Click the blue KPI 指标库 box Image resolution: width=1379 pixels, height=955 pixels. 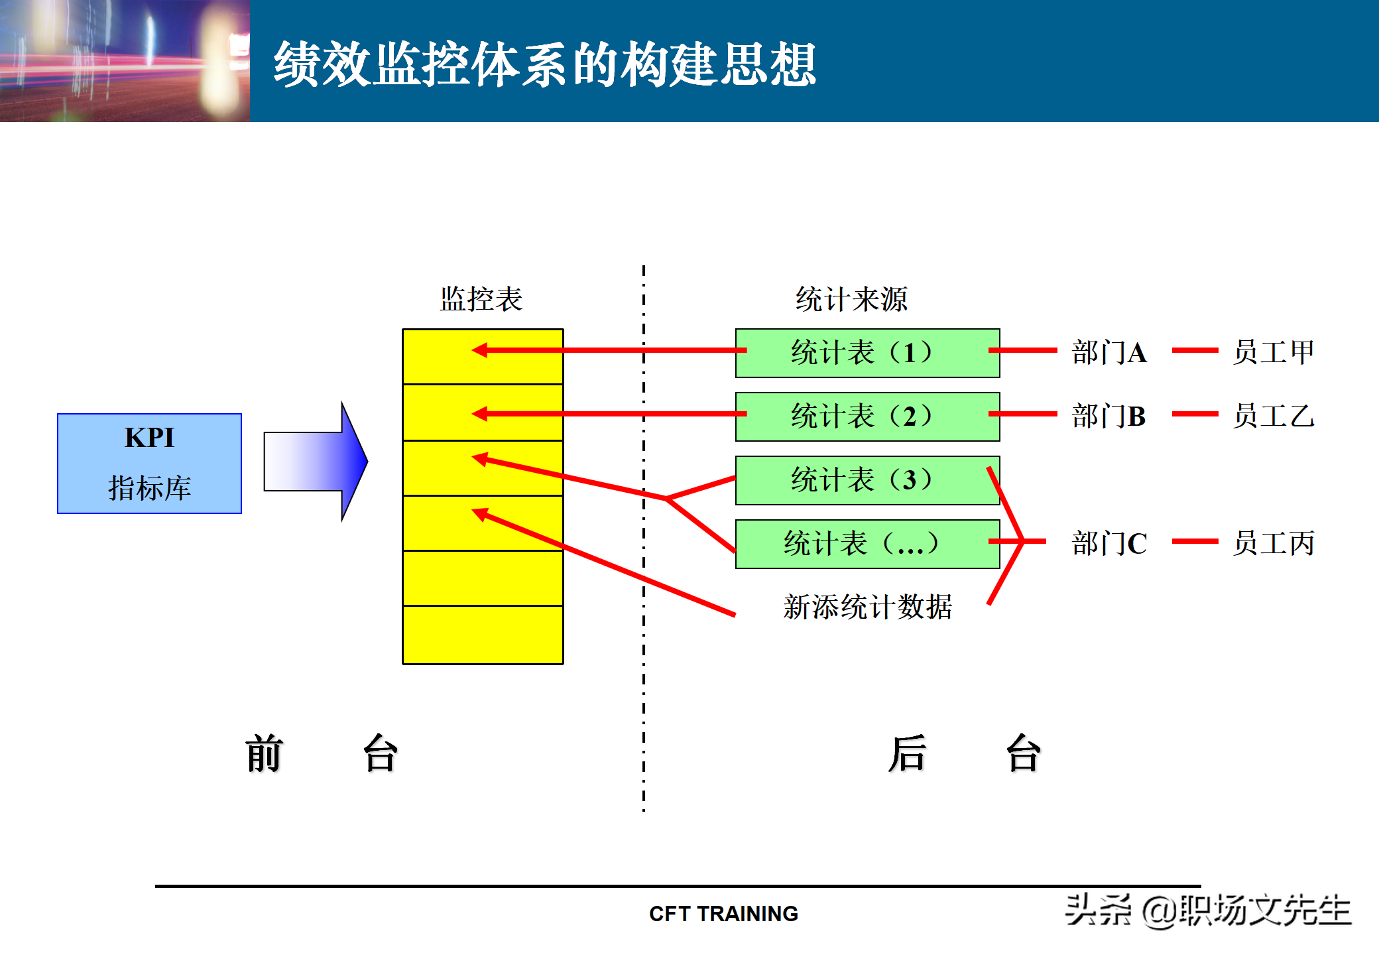tap(149, 463)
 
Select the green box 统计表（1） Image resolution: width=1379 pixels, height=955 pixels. tap(867, 353)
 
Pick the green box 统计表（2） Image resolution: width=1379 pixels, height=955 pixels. tap(867, 416)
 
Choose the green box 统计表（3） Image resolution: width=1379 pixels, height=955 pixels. tap(867, 480)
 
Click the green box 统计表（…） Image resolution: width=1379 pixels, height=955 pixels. tap(867, 544)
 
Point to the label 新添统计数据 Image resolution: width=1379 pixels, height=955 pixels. tap(867, 607)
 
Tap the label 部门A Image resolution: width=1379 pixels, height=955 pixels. tap(1109, 352)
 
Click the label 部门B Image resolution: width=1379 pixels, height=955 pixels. tap(1109, 416)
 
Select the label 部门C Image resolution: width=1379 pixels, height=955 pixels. tap(1109, 544)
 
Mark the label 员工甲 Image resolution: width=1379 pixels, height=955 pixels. tap(1273, 352)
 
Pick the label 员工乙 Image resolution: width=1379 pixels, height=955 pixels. tap(1273, 416)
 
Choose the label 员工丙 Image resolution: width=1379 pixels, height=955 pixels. tap(1273, 544)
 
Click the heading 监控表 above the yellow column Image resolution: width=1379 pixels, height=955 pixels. tap(481, 299)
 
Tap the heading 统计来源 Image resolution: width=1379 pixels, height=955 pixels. tap(851, 299)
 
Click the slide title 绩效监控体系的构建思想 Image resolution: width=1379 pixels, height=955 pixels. tap(545, 64)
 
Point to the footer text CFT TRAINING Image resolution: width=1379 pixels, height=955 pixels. tap(723, 914)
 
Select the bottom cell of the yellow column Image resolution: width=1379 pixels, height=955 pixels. tap(483, 635)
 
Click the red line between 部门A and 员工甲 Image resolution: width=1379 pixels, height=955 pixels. tap(1195, 350)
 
